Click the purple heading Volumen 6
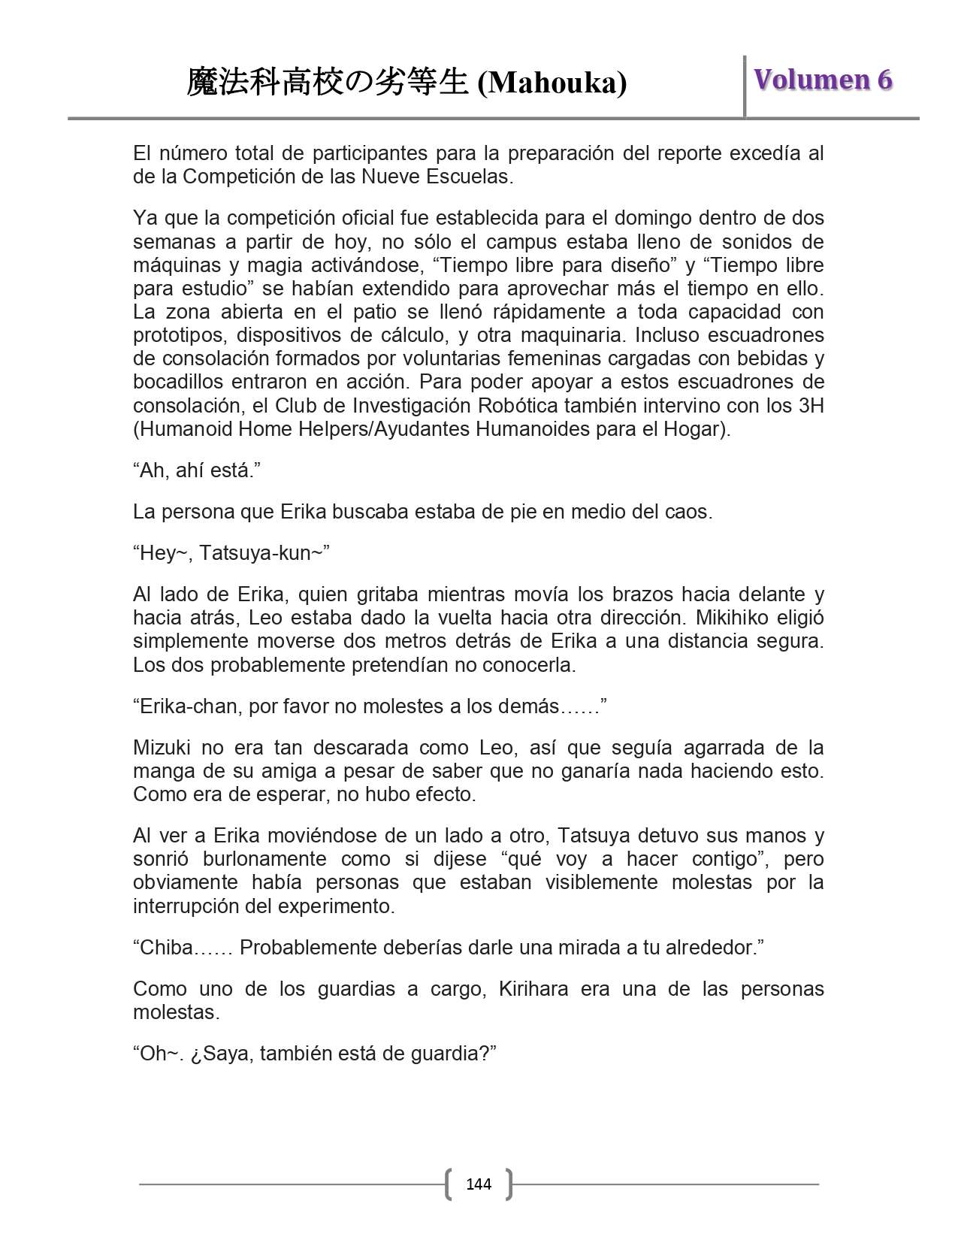click(x=823, y=79)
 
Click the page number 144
click(x=479, y=1184)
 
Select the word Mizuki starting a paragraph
click(x=161, y=748)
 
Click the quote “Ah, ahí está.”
click(x=197, y=470)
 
